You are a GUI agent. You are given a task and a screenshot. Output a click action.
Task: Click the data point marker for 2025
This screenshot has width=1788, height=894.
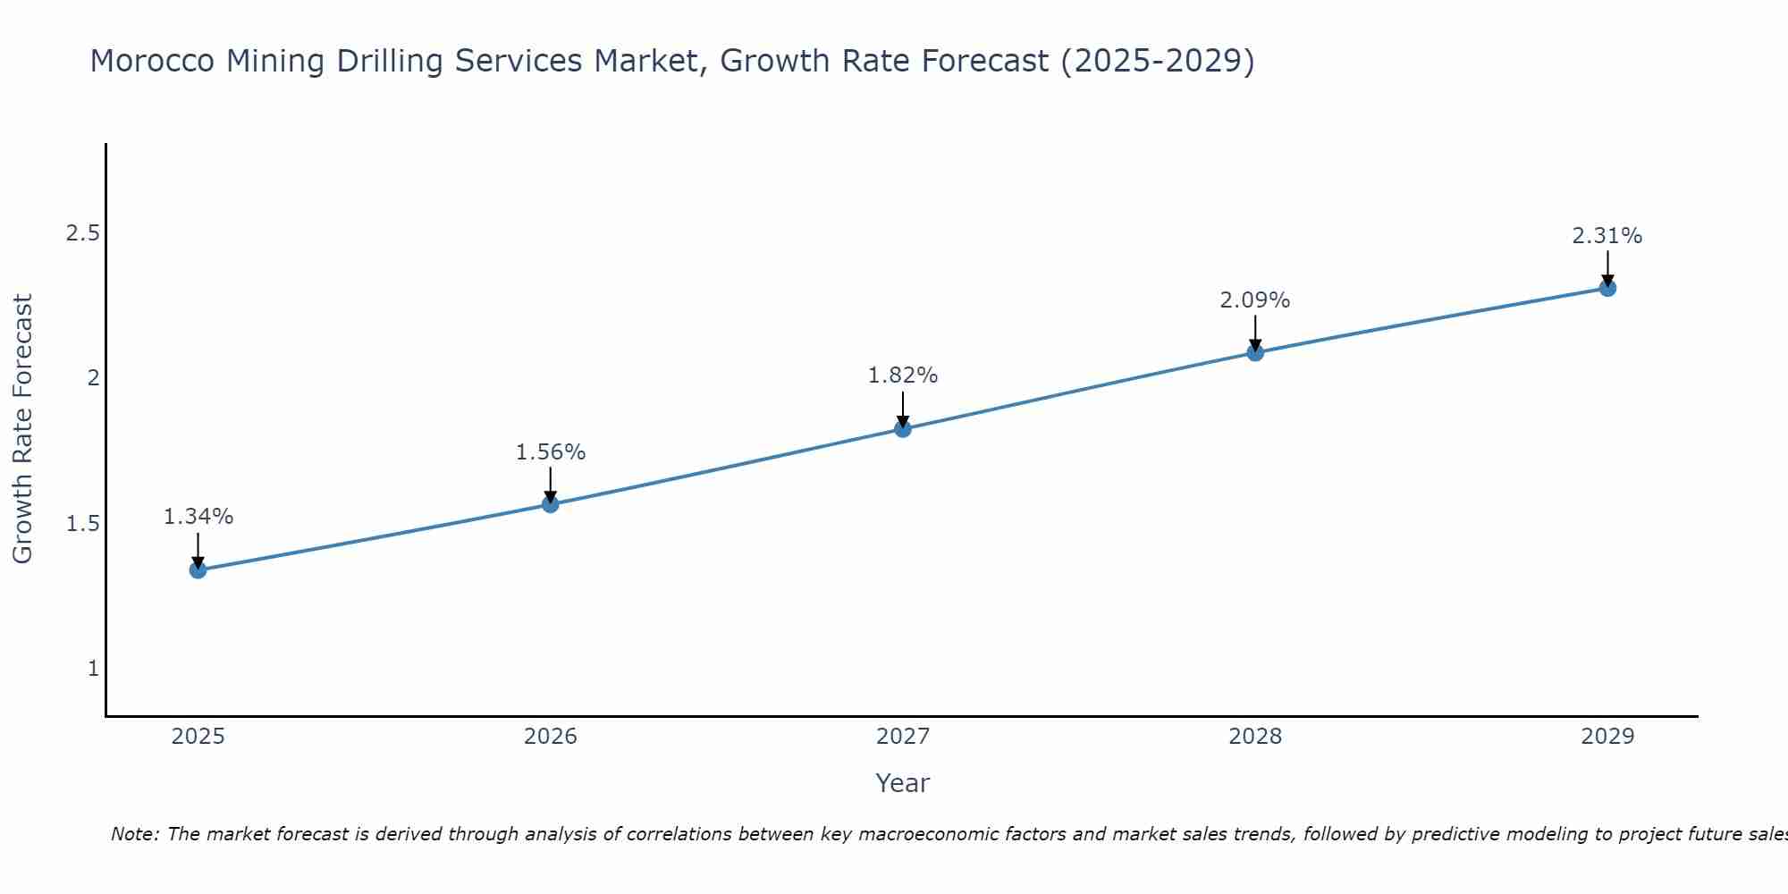pyautogui.click(x=198, y=569)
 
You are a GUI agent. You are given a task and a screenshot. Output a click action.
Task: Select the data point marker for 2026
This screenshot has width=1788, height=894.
pyautogui.click(x=551, y=504)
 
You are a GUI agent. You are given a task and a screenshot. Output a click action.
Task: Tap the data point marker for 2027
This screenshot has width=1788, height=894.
pyautogui.click(x=903, y=429)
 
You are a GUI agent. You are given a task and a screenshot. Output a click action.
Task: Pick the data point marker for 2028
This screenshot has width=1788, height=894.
pyautogui.click(x=1255, y=352)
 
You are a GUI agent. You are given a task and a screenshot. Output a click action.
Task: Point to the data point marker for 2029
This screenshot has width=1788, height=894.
pyautogui.click(x=1607, y=288)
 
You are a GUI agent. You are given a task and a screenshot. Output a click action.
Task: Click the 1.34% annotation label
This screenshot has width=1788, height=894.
pyautogui.click(x=198, y=517)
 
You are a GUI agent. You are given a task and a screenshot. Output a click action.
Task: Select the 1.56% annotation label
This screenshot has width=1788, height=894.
pyautogui.click(x=551, y=452)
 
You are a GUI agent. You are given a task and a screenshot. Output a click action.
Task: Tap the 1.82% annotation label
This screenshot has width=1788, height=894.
pyautogui.click(x=903, y=375)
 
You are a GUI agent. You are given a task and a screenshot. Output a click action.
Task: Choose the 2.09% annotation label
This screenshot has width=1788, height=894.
pyautogui.click(x=1255, y=300)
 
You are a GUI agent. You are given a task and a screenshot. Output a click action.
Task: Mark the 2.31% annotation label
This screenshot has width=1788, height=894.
pyautogui.click(x=1607, y=236)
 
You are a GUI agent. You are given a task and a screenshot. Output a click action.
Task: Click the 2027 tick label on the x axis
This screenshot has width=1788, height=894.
pyautogui.click(x=903, y=737)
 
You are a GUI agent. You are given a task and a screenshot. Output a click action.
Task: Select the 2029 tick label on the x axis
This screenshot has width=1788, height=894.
pyautogui.click(x=1607, y=737)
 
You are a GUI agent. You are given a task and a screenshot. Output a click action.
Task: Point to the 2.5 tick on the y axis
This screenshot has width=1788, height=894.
pyautogui.click(x=82, y=233)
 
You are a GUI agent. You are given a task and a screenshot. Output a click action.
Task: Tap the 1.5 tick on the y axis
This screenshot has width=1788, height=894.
pyautogui.click(x=82, y=524)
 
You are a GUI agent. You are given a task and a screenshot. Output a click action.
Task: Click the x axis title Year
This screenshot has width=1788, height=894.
pyautogui.click(x=903, y=783)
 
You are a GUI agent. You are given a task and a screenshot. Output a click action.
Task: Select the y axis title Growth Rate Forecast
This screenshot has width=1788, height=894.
pyautogui.click(x=23, y=429)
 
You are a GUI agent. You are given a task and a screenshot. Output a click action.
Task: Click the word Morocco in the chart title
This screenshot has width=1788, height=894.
pyautogui.click(x=153, y=61)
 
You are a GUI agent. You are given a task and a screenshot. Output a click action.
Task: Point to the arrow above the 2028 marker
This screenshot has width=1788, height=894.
pyautogui.click(x=1255, y=333)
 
